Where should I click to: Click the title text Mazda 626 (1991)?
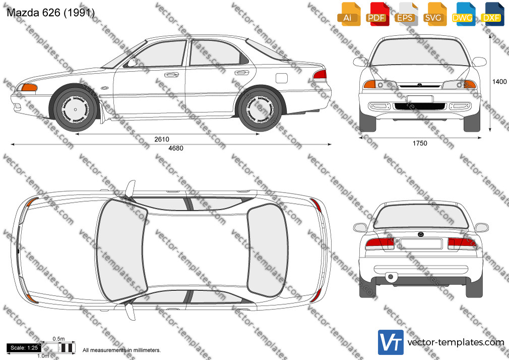click(x=50, y=13)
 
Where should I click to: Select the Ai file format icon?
click(x=349, y=14)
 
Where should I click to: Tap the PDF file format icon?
click(x=377, y=14)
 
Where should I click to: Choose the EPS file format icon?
click(x=406, y=14)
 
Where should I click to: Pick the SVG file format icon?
click(x=434, y=14)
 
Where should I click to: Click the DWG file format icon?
click(x=463, y=14)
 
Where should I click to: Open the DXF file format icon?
click(x=492, y=14)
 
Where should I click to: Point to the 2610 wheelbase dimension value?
click(x=162, y=139)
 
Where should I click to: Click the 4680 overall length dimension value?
click(x=175, y=148)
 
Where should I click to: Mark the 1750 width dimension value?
click(x=420, y=143)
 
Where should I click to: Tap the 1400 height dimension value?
click(x=499, y=82)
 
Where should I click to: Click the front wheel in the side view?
click(x=75, y=109)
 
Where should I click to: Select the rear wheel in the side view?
click(x=260, y=109)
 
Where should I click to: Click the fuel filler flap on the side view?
click(x=281, y=78)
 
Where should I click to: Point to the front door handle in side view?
click(x=171, y=75)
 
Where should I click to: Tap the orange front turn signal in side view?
click(x=29, y=87)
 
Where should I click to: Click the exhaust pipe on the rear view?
click(x=391, y=277)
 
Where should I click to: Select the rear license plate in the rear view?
click(x=421, y=244)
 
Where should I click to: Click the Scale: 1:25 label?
click(x=24, y=348)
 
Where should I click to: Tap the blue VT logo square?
click(x=391, y=342)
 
